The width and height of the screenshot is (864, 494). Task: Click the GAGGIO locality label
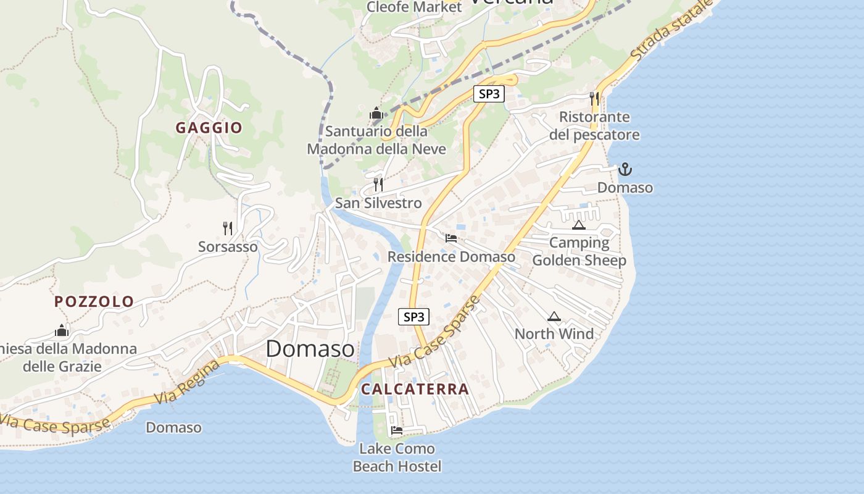tap(209, 128)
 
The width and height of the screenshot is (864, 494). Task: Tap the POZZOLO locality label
tap(94, 301)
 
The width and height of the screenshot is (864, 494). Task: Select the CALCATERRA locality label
tap(415, 389)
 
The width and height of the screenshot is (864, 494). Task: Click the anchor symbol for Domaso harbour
tap(625, 169)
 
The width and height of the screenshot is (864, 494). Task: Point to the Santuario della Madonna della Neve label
tap(376, 140)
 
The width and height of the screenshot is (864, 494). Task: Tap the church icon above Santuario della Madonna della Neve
tap(376, 114)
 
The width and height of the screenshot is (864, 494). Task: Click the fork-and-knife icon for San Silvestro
tap(378, 184)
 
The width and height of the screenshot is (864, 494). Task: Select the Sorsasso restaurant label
tap(228, 246)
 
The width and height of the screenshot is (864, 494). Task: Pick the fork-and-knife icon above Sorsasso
tap(228, 228)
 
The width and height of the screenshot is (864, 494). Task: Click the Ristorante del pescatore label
tap(594, 126)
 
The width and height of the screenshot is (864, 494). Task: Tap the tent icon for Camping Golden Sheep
tap(578, 225)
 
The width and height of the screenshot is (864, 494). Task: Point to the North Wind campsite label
tap(554, 334)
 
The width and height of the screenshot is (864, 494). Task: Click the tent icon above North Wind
tap(554, 317)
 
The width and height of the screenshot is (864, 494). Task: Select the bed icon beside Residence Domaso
tap(451, 238)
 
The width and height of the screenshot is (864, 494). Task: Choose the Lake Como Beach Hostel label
tap(397, 458)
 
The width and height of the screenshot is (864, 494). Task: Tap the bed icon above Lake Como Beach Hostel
tap(397, 430)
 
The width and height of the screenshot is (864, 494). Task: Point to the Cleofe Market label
tap(414, 7)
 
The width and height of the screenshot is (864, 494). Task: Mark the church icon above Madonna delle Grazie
tap(62, 330)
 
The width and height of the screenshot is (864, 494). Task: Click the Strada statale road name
tap(673, 30)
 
